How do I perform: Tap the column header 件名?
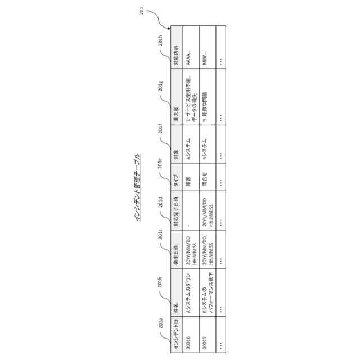click(176, 307)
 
